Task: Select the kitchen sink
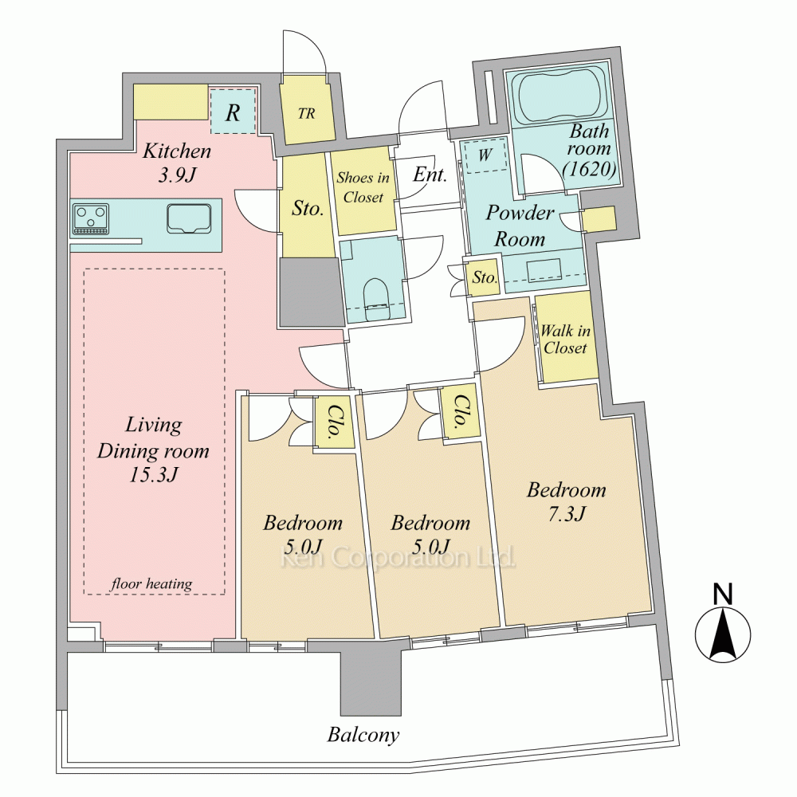coord(189,218)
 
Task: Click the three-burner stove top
coord(91,218)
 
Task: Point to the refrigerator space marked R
coord(234,112)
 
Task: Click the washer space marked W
coord(485,155)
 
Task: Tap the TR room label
coord(307,113)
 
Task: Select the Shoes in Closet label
coord(363,187)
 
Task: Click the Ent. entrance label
coord(430,175)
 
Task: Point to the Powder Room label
coord(520,226)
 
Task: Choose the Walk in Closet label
coord(565,339)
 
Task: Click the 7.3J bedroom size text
coord(567,514)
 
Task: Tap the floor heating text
coord(151,583)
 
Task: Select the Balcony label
coord(363,735)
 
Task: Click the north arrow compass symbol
coord(723,634)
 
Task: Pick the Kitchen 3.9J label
coord(176,163)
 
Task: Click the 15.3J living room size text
coord(153,475)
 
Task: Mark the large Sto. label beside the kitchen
coord(308,208)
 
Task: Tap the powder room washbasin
coord(544,270)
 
